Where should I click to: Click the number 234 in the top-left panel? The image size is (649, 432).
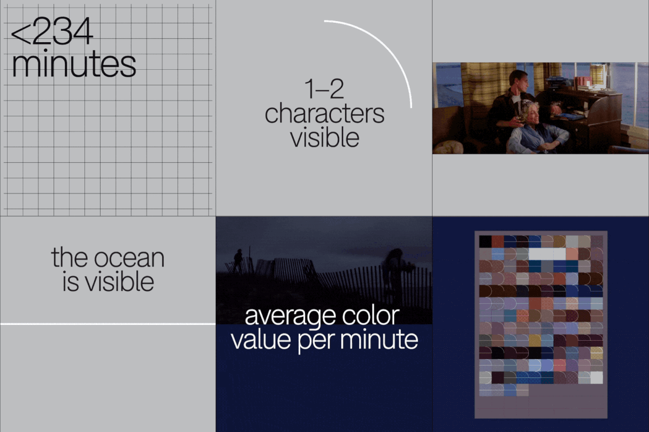click(63, 31)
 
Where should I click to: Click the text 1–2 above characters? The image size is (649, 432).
click(324, 89)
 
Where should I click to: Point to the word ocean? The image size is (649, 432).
click(129, 258)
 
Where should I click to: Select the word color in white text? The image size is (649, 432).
click(371, 315)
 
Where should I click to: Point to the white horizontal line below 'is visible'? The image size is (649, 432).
click(108, 324)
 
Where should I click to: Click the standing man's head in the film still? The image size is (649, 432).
click(518, 80)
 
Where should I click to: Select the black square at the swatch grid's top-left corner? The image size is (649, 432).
click(485, 242)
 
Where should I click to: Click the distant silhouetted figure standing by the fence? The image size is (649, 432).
click(238, 261)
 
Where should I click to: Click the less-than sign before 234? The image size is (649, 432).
click(21, 34)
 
